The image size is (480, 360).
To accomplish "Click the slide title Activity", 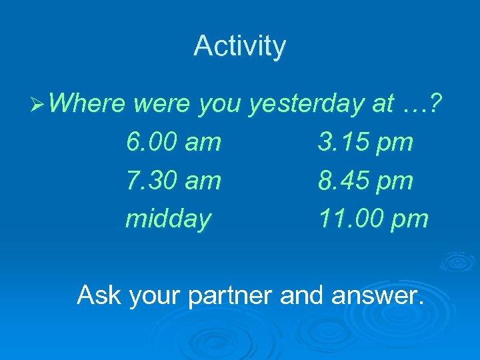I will [x=239, y=47].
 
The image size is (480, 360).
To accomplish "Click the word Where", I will [x=87, y=103].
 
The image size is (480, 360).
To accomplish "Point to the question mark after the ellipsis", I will [x=437, y=103].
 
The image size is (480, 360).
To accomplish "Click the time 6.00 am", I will [x=173, y=142].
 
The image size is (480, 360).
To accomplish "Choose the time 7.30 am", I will [x=173, y=181].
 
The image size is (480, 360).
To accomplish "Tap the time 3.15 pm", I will [x=365, y=142].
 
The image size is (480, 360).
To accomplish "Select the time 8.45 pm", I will [x=365, y=181].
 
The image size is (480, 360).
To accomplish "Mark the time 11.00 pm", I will [x=373, y=219].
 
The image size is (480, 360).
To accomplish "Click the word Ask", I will [x=99, y=294].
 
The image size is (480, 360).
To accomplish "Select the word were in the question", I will [x=164, y=103].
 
